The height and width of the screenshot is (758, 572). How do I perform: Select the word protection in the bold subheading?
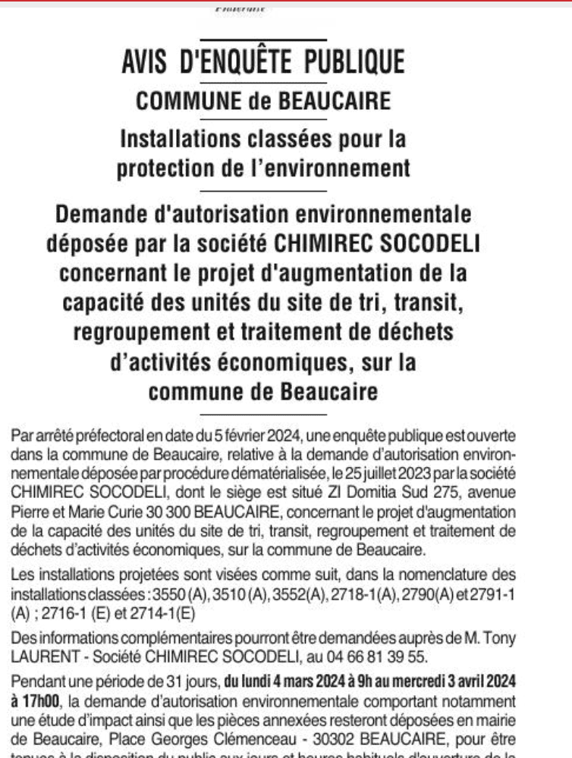(x=165, y=168)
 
